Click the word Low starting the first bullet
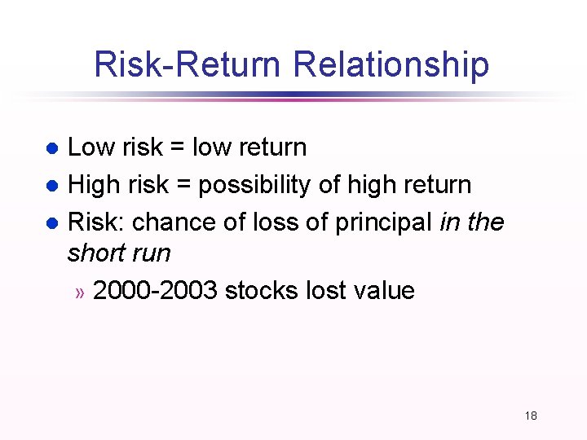point(90,147)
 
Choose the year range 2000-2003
point(155,291)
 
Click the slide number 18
point(531,416)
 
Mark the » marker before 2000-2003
point(80,293)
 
